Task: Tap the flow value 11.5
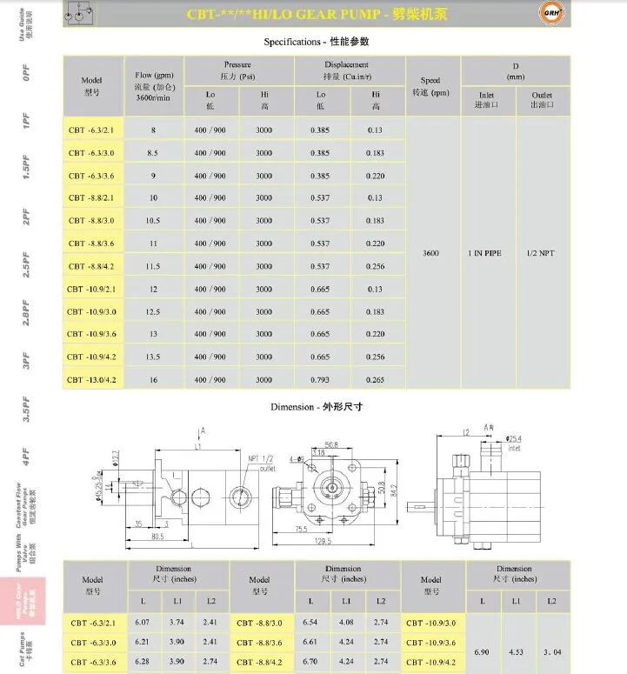(x=153, y=266)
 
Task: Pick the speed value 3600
(x=430, y=253)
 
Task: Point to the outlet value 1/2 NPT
(x=541, y=253)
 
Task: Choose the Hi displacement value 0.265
(x=375, y=379)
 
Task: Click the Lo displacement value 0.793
(x=320, y=379)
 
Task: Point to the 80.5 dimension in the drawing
(x=156, y=537)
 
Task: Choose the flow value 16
(x=153, y=379)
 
